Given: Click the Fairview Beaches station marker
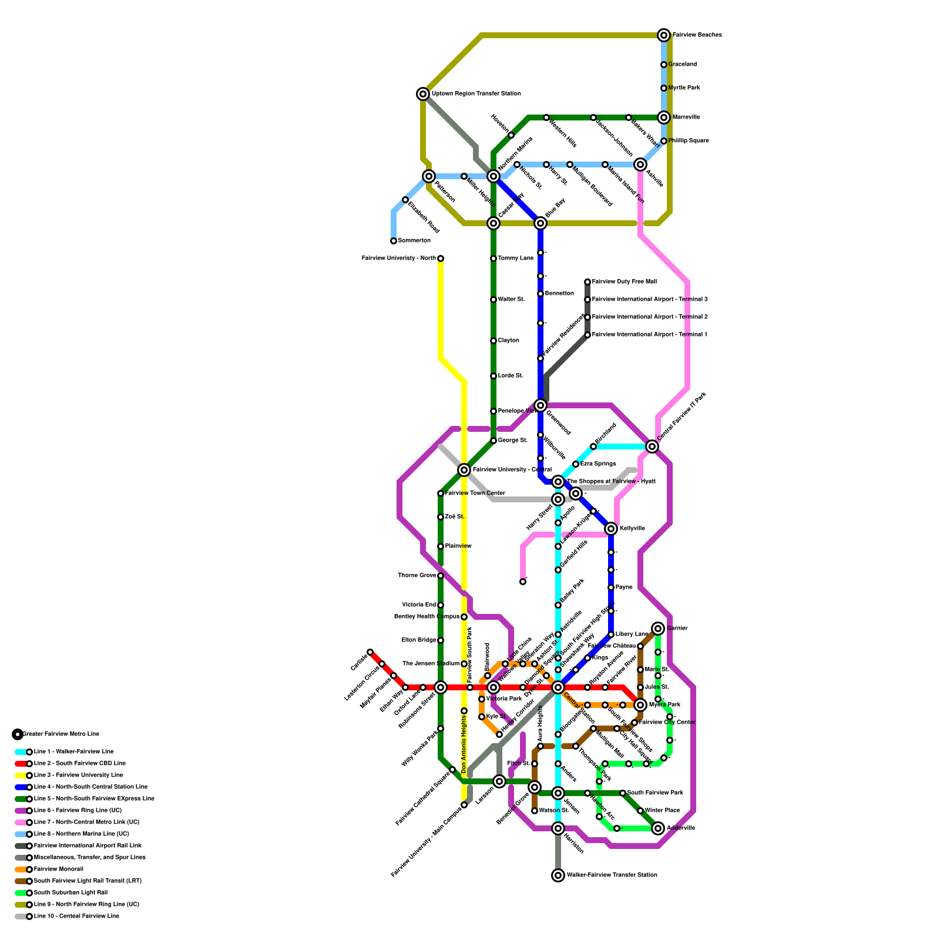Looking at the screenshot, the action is tap(664, 35).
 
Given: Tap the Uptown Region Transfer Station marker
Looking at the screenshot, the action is tap(423, 94).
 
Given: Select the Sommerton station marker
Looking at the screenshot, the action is tap(394, 241).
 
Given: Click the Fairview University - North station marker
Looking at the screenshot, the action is tap(441, 258).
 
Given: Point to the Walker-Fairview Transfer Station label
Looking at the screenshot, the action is tap(612, 875).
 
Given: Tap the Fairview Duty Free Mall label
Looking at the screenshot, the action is tap(624, 282).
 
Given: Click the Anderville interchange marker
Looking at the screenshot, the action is tap(658, 828).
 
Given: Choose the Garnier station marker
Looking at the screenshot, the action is tap(658, 629).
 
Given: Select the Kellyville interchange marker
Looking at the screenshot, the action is tap(611, 529).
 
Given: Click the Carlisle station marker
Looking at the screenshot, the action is tap(370, 652).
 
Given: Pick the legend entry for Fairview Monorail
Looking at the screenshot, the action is tap(58, 869).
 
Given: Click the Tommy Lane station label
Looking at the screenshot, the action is tap(515, 258).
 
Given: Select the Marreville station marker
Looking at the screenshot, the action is tap(664, 117).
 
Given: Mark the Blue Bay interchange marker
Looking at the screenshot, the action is tap(540, 223).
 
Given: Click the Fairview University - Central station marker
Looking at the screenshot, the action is tap(464, 470).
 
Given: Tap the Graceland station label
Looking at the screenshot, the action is tap(682, 65).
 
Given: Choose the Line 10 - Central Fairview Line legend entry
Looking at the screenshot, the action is tap(76, 916).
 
